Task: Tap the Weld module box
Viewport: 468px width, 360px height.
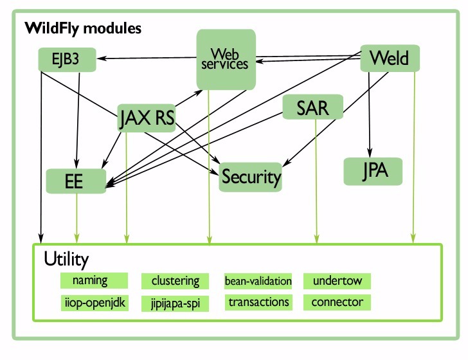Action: tap(390, 58)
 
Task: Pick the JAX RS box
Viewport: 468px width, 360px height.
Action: tap(147, 118)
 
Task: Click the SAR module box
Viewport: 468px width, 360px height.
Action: tap(312, 107)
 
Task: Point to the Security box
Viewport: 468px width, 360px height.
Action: tap(251, 176)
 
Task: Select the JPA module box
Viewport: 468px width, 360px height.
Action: tap(373, 172)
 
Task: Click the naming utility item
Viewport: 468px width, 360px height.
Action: tap(90, 281)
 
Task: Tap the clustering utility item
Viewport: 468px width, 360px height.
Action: tap(175, 281)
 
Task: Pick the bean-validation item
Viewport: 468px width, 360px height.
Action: tap(258, 281)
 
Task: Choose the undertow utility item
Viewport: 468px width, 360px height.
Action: tap(337, 281)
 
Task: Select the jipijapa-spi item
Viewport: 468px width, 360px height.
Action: tap(175, 303)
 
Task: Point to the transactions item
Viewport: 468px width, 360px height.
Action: tap(258, 301)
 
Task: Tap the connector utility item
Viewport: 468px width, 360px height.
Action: tap(337, 301)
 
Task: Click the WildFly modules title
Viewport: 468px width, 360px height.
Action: tap(83, 29)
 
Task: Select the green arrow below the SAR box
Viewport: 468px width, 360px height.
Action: tap(316, 180)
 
